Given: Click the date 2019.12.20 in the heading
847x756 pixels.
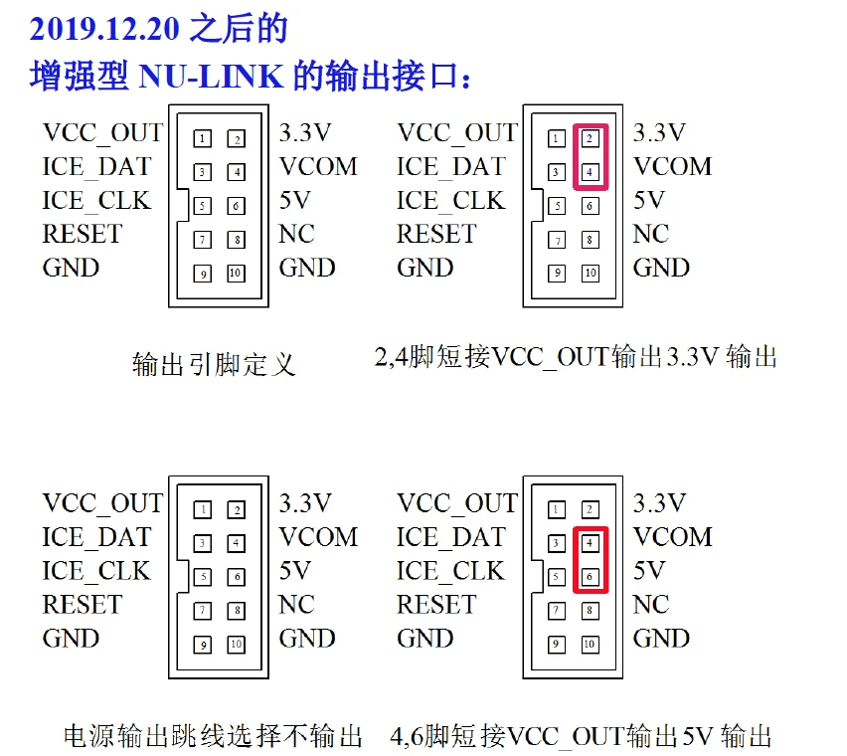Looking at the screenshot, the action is tap(104, 29).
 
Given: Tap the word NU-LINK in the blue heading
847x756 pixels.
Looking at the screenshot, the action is tap(211, 77).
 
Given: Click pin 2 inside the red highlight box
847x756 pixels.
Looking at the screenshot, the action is tap(590, 139).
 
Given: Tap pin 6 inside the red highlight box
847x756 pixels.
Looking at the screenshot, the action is tap(590, 577).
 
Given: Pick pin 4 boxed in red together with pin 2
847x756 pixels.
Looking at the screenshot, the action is tap(590, 172).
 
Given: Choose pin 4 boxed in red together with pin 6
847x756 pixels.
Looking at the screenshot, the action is tap(590, 543).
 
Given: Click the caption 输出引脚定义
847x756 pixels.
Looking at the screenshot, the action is tap(214, 364).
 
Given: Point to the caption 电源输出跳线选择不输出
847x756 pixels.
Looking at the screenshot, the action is tap(213, 735).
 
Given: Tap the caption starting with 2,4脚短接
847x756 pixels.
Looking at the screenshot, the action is tap(576, 357).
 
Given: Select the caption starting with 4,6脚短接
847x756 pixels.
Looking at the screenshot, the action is tap(581, 735).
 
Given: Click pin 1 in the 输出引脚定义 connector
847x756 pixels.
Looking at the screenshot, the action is tap(202, 139).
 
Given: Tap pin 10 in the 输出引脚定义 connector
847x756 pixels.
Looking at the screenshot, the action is tap(236, 273).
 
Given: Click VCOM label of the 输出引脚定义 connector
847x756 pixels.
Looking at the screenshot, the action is tap(318, 166).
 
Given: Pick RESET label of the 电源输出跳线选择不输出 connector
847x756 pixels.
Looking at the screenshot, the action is tap(83, 604).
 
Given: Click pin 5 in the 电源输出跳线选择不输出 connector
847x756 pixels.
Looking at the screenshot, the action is tap(203, 577).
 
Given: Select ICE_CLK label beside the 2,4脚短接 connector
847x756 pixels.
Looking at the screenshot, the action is tap(451, 201).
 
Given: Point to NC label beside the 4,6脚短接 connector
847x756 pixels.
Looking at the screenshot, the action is tap(651, 604).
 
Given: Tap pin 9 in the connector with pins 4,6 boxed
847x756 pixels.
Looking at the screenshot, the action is tap(557, 645).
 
